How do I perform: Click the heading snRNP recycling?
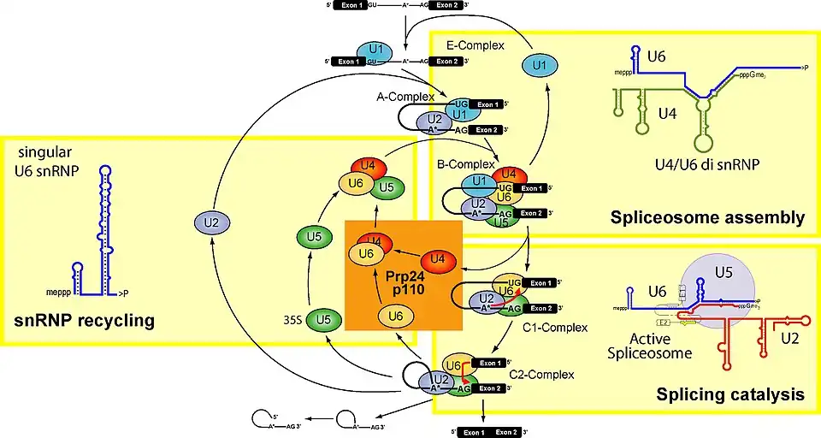pos(84,321)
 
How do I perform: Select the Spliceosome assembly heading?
pos(707,219)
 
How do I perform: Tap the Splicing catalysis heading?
pos(729,394)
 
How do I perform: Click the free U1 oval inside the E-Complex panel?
pos(537,64)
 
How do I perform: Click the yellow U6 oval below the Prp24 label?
pos(395,317)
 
